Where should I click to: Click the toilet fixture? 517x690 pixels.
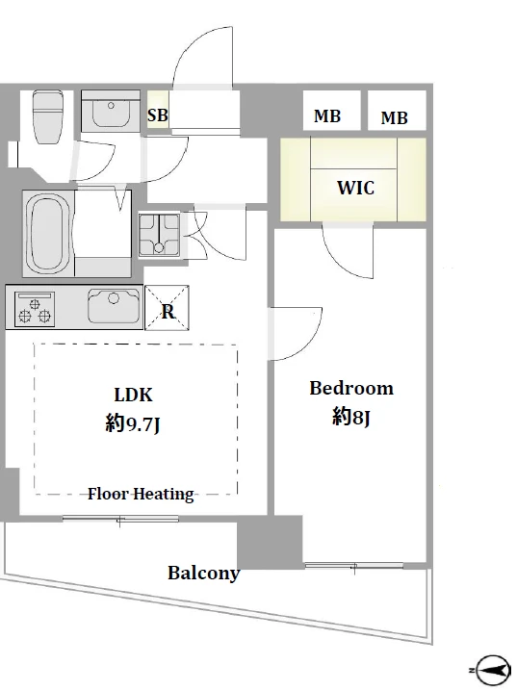48,116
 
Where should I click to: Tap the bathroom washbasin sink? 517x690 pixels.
111,111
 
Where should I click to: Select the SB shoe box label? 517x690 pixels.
158,115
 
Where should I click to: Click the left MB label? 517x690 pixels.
327,116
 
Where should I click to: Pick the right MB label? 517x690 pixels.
394,117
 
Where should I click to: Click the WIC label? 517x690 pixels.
356,188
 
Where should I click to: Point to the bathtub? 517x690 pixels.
49,234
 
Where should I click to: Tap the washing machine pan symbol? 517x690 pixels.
159,235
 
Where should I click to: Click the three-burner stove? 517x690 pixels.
35,309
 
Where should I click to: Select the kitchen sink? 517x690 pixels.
114,306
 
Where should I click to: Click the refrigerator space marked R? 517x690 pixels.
168,308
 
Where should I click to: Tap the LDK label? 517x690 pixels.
133,395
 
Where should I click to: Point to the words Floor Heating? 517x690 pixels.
141,495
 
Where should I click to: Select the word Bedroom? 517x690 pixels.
351,388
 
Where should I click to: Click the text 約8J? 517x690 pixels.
351,417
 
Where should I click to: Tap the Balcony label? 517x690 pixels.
203,573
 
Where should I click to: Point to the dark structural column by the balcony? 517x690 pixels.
270,542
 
